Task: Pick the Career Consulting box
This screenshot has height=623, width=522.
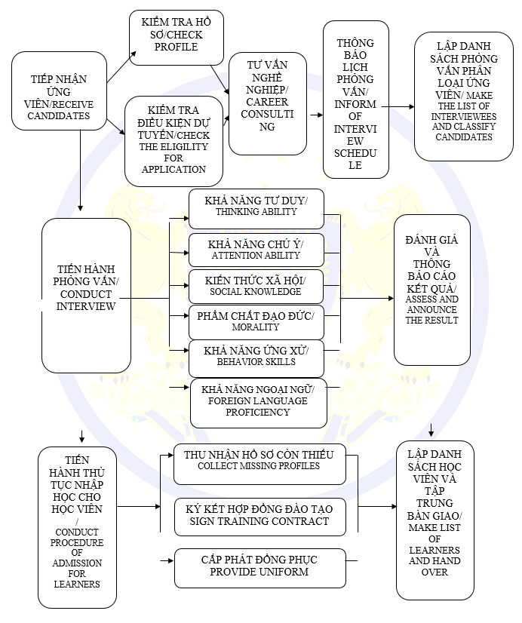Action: (x=267, y=103)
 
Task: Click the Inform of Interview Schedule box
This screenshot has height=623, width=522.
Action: (x=355, y=99)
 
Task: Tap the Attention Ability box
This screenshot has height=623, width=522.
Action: (x=256, y=250)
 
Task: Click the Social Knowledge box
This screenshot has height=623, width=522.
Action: (x=256, y=286)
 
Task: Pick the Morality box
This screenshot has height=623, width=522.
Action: (x=256, y=321)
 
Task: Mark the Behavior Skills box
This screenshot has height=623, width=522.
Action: (x=256, y=357)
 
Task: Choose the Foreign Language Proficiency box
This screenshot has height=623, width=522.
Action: (x=258, y=402)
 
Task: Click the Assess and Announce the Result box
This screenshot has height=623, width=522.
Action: (x=431, y=290)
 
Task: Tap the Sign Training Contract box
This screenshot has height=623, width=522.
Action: (x=259, y=516)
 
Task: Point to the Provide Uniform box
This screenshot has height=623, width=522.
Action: (x=259, y=567)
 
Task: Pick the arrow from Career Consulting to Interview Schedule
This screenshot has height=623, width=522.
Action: (x=315, y=115)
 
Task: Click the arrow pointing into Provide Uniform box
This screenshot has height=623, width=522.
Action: (x=166, y=560)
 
